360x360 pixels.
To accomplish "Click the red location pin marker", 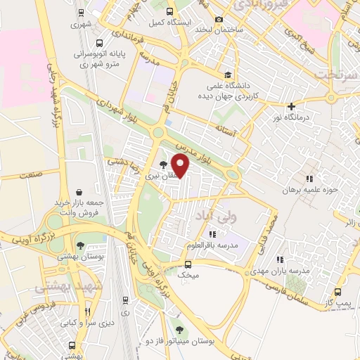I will tap(181, 166).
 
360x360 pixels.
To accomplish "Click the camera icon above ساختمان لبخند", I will tap(219, 19).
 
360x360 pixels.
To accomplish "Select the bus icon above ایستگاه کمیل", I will tap(169, 11).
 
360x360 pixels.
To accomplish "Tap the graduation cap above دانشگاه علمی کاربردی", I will tap(227, 75).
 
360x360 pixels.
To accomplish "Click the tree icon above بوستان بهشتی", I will tap(81, 246).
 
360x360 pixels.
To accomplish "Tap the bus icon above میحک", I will tap(188, 264).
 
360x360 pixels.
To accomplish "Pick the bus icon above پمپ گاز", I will tap(338, 292).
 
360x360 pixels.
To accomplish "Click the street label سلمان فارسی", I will tap(276, 288).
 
